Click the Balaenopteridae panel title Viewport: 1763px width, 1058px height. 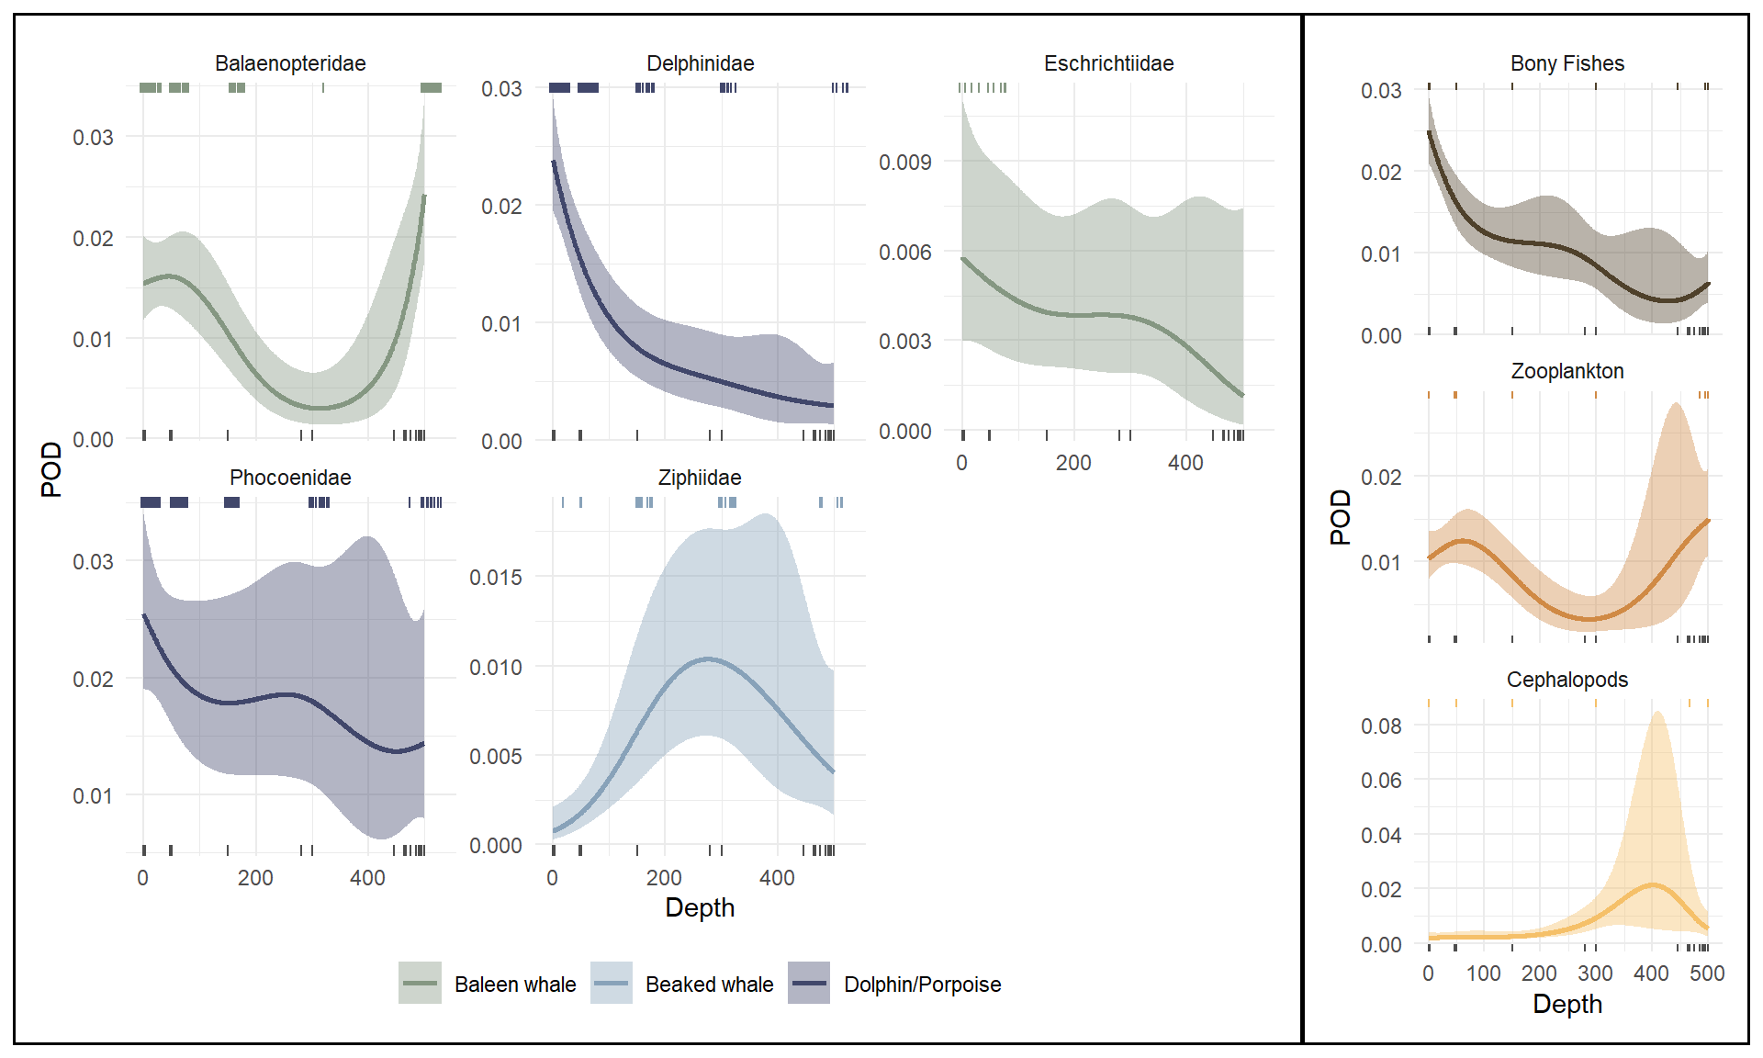pos(290,63)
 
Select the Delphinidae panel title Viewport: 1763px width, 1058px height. pos(700,63)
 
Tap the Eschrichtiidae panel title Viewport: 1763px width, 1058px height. pos(1108,63)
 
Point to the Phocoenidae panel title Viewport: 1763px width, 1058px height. pos(290,478)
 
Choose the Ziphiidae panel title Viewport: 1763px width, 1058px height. pos(700,478)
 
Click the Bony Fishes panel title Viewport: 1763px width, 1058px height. pos(1566,63)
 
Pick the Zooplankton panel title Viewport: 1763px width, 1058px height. pos(1566,371)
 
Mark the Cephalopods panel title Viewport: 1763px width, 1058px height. pos(1566,680)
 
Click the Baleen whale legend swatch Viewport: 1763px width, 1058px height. pos(420,983)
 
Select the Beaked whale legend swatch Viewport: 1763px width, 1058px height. pos(612,983)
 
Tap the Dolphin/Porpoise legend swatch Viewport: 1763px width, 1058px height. pos(809,983)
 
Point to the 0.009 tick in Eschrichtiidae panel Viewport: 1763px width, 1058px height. pos(904,163)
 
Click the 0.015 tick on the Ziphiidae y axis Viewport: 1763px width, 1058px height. pos(495,578)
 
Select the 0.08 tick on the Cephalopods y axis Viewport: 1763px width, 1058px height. pos(1381,726)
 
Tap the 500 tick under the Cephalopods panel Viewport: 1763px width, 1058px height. pos(1707,974)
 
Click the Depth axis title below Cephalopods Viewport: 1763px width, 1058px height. pos(1566,1004)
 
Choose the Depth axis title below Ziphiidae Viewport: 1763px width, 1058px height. pos(700,907)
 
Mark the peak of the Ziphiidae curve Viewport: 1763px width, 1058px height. pos(708,658)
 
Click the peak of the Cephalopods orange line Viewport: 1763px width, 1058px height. pos(1653,884)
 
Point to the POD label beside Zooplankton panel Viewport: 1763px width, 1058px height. pos(1341,517)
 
